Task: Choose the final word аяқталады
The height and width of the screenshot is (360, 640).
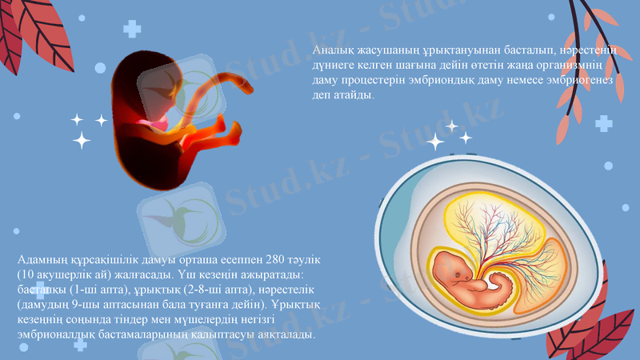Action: click(x=285, y=334)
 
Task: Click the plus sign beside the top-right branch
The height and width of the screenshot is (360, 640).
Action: click(x=603, y=123)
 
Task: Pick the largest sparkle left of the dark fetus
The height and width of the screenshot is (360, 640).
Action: click(x=81, y=142)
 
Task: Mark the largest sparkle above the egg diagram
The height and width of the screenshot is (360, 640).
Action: click(x=436, y=142)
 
